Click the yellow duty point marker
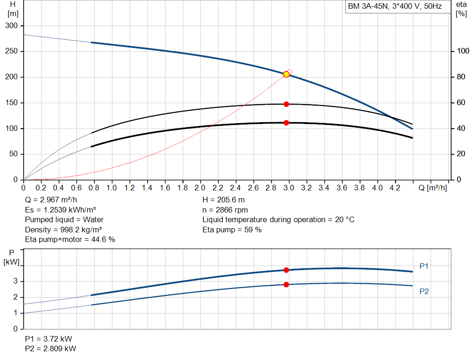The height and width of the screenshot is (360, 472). click(286, 74)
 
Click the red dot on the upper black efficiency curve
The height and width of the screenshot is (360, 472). click(286, 104)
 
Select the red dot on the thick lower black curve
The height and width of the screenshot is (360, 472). click(286, 123)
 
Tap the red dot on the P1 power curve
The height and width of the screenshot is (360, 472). click(286, 270)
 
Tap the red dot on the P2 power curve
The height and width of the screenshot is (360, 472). click(286, 284)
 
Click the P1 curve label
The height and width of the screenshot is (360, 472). click(424, 266)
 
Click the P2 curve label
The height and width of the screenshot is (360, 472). click(424, 291)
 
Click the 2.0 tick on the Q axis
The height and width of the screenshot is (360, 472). click(200, 188)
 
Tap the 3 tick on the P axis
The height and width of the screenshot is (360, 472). click(16, 281)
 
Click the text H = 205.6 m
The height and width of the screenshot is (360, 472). click(224, 200)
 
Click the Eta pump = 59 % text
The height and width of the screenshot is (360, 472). click(232, 230)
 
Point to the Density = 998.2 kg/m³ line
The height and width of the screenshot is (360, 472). click(64, 230)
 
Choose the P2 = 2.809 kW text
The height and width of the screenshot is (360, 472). click(51, 348)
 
